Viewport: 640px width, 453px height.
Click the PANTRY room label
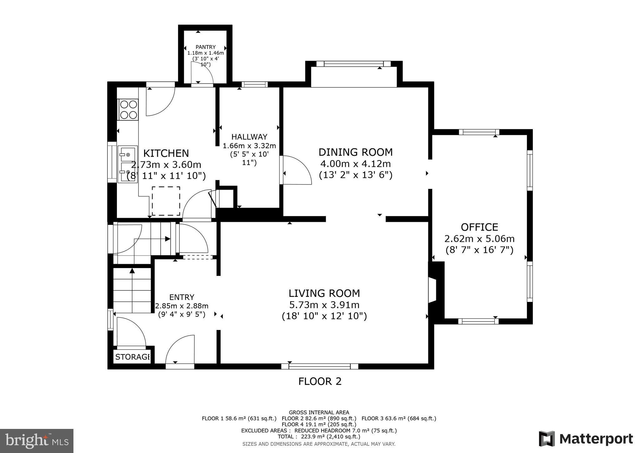coord(205,47)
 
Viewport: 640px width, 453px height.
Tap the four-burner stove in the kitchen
coord(128,109)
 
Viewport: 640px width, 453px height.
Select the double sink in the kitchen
coord(127,164)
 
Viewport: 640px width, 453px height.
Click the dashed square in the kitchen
coord(166,201)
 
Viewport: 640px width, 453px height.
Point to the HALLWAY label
coord(249,137)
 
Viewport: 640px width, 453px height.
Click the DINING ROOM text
coord(355,152)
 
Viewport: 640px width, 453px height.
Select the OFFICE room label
coord(479,227)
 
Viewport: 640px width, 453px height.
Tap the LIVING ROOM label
coord(324,293)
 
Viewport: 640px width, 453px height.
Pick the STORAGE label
coord(132,357)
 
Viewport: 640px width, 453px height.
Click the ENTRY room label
coord(182,297)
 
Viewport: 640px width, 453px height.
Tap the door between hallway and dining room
coord(297,171)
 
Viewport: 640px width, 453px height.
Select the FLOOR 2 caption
coord(320,381)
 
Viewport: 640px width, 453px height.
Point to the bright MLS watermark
coord(37,441)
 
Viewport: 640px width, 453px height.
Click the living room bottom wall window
coord(319,366)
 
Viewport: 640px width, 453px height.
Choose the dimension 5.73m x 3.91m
coord(324,305)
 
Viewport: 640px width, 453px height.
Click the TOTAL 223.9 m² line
coord(319,436)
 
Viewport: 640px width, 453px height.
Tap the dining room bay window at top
coord(353,64)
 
